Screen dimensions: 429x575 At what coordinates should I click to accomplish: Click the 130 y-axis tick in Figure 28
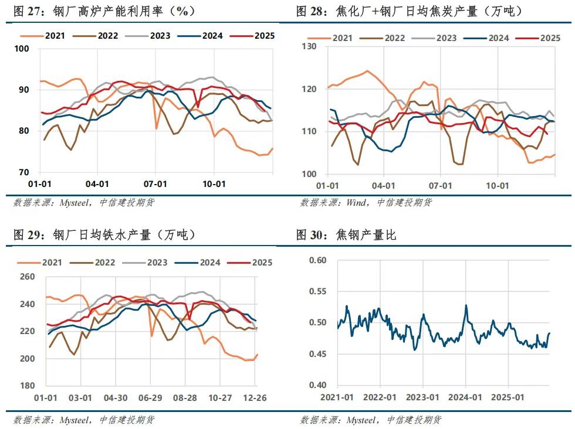pyautogui.click(x=309, y=46)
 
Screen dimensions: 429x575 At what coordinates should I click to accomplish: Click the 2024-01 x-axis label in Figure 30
pyautogui.click(x=465, y=397)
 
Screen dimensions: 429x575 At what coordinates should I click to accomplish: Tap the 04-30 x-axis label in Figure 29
pyautogui.click(x=115, y=397)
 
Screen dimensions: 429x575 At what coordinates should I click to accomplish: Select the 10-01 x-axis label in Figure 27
pyautogui.click(x=214, y=183)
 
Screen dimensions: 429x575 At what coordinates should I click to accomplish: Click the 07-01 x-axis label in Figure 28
pyautogui.click(x=440, y=185)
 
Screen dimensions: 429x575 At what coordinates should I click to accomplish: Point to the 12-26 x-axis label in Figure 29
pyautogui.click(x=255, y=397)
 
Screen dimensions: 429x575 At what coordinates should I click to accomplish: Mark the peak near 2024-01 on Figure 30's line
pyautogui.click(x=466, y=305)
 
